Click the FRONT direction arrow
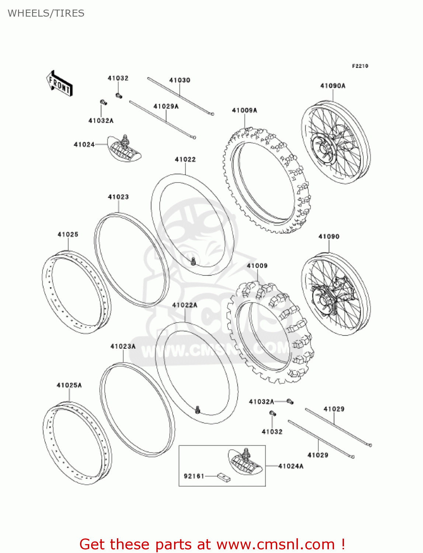(x=59, y=84)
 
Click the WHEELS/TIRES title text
(x=46, y=13)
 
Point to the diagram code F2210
(x=360, y=66)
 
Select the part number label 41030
(x=180, y=80)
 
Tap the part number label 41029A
(x=166, y=106)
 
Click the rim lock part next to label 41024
(x=124, y=148)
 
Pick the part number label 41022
(x=185, y=159)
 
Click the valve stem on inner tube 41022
(x=193, y=262)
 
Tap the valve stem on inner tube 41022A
(x=198, y=409)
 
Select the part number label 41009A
(x=245, y=110)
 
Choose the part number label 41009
(x=257, y=265)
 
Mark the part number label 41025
(x=68, y=234)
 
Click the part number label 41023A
(x=123, y=346)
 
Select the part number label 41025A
(x=69, y=385)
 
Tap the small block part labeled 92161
(x=223, y=477)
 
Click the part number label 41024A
(x=291, y=466)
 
